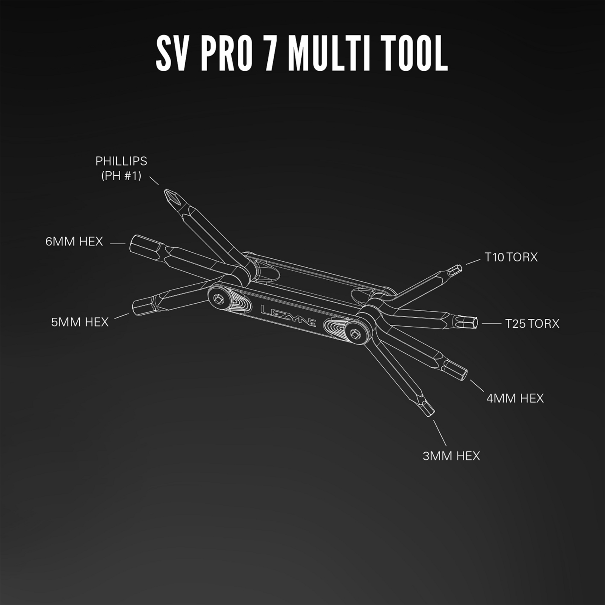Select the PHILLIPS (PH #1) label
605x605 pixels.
click(x=121, y=168)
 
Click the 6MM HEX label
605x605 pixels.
click(x=74, y=242)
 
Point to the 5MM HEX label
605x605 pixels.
click(x=80, y=322)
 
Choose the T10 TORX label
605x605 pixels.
click(x=511, y=257)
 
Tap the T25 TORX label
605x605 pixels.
click(x=532, y=324)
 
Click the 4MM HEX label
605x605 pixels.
click(x=515, y=398)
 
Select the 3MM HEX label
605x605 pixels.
click(x=451, y=456)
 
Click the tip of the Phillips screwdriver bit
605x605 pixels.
click(x=165, y=191)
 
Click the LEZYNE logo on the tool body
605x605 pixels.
click(x=288, y=316)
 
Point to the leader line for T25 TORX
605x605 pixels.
click(x=492, y=324)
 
